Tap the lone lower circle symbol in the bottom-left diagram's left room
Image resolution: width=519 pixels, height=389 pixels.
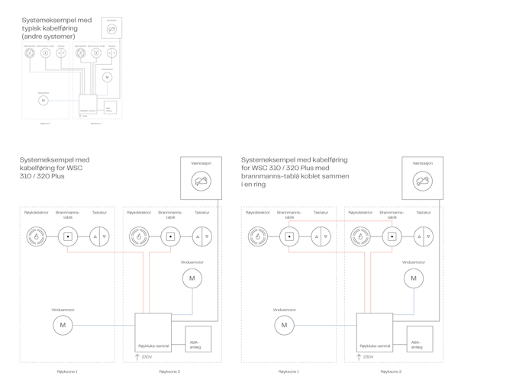pos(63,326)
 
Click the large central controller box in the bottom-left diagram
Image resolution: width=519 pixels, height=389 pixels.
pos(153,331)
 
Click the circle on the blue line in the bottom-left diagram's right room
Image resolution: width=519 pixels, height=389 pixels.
pos(192,278)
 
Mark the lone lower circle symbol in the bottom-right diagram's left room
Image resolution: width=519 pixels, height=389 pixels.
pos(285,326)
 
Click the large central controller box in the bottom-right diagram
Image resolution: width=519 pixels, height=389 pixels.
pos(374,331)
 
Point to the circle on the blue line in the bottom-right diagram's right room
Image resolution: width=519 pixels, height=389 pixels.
pos(413,278)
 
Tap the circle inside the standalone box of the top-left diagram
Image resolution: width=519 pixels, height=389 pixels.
pos(111,29)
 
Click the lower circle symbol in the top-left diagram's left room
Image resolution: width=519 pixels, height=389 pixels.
pos(44,100)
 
